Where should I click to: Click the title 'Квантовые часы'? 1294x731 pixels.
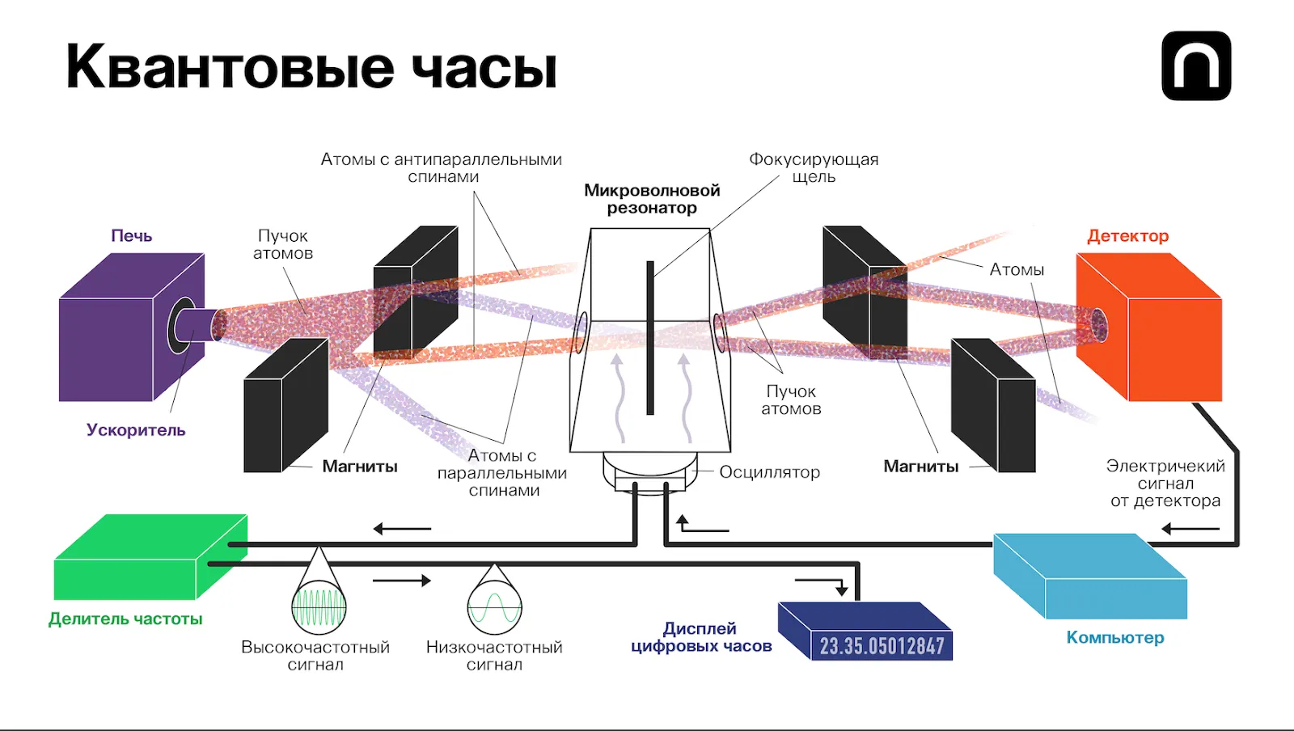[311, 67]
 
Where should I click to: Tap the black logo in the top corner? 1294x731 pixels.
[1196, 66]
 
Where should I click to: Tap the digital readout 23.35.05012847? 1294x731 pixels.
[882, 645]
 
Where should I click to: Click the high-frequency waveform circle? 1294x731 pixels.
[319, 606]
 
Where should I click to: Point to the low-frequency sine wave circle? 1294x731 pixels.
[494, 606]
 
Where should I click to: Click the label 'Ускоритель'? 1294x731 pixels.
[136, 430]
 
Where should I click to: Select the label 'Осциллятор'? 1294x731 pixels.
[769, 472]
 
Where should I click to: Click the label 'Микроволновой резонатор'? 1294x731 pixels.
[652, 199]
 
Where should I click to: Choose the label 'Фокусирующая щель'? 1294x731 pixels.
[813, 168]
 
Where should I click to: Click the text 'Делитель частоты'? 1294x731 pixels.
[125, 619]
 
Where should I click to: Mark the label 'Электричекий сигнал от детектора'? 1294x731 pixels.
[1165, 484]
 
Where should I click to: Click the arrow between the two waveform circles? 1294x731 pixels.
[402, 581]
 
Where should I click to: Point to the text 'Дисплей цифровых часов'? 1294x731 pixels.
[700, 637]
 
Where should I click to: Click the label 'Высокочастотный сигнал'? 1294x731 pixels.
[315, 656]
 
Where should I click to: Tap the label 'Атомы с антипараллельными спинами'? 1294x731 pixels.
[441, 168]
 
